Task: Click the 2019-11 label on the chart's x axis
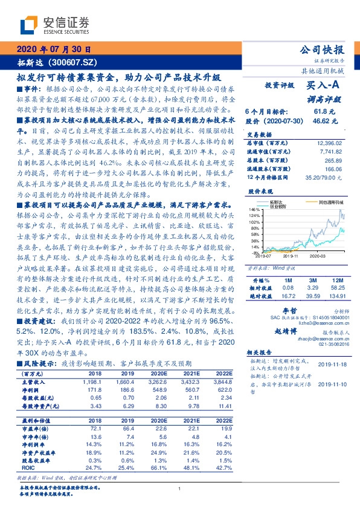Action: click(x=292, y=256)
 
